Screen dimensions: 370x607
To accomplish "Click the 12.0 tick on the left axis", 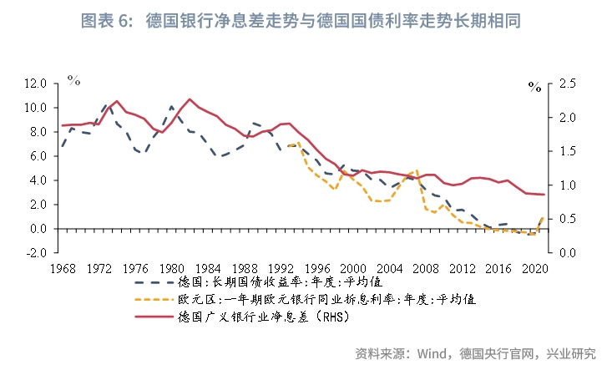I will tap(36, 84).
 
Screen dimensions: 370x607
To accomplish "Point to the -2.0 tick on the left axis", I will tap(36, 252).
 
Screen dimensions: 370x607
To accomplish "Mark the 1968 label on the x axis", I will tap(62, 269).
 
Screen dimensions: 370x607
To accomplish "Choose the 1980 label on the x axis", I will tap(171, 269).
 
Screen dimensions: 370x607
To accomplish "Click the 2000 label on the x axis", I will tap(355, 269).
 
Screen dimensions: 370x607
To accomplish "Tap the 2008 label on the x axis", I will tap(427, 269).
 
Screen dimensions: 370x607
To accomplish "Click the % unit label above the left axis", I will tap(74, 80).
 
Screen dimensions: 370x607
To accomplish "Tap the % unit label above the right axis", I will tap(534, 86).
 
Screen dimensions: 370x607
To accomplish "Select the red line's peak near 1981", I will tap(190, 99).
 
